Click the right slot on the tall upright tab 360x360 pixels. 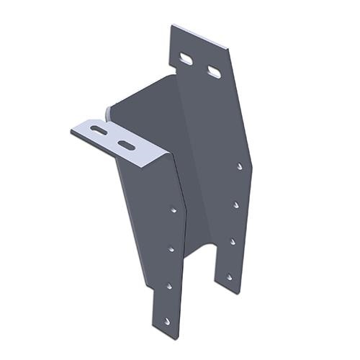(x=214, y=71)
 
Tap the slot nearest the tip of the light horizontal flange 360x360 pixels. (x=99, y=130)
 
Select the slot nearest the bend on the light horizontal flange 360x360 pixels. (x=126, y=145)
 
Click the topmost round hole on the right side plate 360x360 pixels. (x=240, y=166)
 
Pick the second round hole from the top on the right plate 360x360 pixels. (x=235, y=204)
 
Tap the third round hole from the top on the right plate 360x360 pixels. (x=232, y=241)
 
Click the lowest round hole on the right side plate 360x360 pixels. (x=229, y=276)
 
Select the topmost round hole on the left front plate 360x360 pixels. (x=174, y=210)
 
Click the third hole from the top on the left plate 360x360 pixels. (x=169, y=286)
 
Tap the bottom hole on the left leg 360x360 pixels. (x=167, y=321)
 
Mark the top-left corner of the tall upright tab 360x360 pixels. (x=171, y=26)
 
